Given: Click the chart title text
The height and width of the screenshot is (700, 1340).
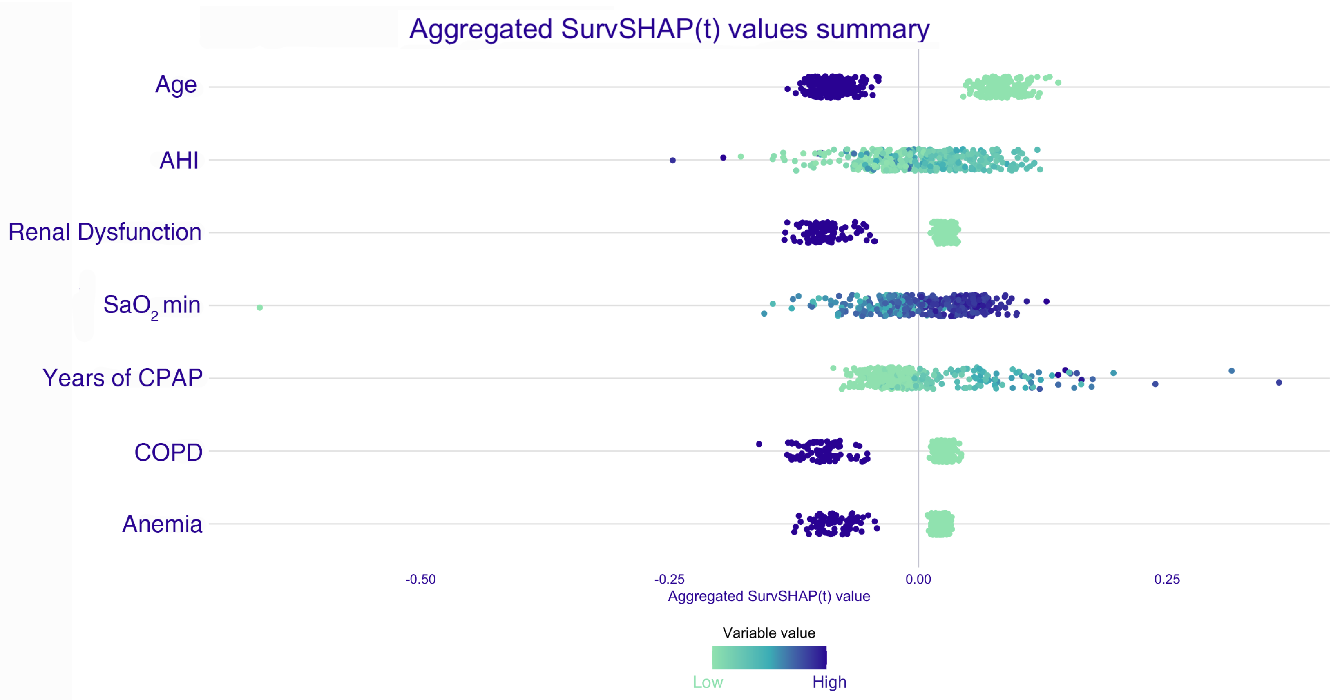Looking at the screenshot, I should click(x=669, y=29).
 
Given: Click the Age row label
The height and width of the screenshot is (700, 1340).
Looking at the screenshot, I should click(x=176, y=85).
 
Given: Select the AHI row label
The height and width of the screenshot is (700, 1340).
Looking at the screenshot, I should click(x=179, y=160).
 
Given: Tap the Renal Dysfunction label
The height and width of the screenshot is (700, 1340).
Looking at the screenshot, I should click(x=105, y=232).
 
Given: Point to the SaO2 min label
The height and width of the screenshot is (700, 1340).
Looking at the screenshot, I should click(x=152, y=305).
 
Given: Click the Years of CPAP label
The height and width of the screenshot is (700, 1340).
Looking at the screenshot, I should click(x=123, y=378).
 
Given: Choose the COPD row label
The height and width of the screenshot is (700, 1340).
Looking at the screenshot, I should click(x=168, y=453).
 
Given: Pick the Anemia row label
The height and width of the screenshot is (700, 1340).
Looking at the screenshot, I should click(x=162, y=524).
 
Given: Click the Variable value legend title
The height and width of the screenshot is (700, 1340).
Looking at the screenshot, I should click(x=769, y=633).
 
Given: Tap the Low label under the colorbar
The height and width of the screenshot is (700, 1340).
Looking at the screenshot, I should click(x=708, y=682).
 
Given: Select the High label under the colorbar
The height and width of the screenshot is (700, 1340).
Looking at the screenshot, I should click(x=829, y=682).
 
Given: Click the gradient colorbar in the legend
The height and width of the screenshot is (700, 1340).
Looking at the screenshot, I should click(x=769, y=658).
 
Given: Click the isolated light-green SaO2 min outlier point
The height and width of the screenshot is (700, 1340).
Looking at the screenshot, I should click(x=259, y=308).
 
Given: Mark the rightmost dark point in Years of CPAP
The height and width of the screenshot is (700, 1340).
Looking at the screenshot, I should click(x=1279, y=383).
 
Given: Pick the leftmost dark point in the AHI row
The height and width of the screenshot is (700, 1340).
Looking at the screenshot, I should click(x=672, y=160).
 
